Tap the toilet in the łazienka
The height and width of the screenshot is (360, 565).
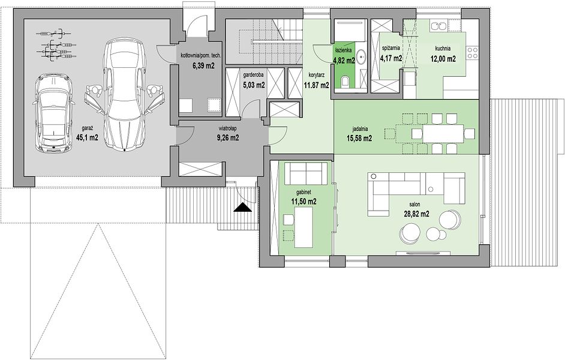pos(345,82)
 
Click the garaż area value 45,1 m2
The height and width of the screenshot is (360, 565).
pos(87,137)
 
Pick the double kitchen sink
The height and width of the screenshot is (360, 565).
pos(439,26)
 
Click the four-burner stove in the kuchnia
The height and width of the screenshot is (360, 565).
pos(473,53)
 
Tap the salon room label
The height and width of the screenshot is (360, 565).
pos(416,205)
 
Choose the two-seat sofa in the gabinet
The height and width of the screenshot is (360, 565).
pos(306,173)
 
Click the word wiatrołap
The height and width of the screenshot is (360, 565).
pos(227,128)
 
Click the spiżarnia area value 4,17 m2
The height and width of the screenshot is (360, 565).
pos(391,58)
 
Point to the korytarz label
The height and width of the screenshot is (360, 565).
pos(317,76)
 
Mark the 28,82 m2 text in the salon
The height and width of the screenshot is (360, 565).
pos(416,214)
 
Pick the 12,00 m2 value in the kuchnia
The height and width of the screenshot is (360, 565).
pos(443,59)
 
